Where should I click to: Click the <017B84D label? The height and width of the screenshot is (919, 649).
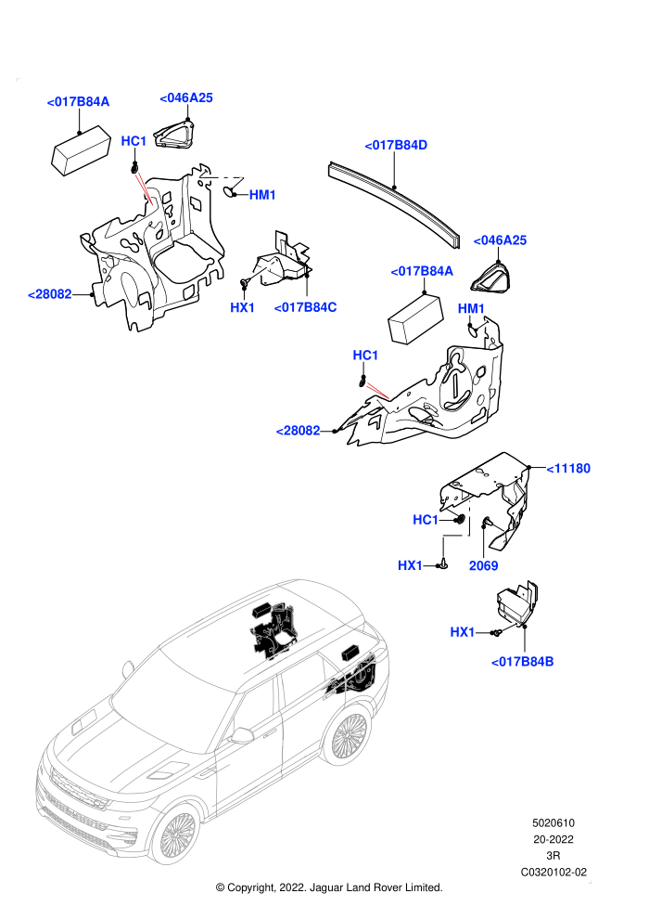(396, 146)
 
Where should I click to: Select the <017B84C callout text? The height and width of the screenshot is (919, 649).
(305, 307)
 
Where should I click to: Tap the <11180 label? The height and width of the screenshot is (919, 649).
(568, 468)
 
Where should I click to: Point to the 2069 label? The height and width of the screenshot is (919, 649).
(483, 565)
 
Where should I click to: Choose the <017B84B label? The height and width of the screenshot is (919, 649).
(522, 662)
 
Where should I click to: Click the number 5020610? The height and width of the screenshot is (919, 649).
(553, 822)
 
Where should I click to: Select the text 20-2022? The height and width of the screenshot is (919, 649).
(553, 839)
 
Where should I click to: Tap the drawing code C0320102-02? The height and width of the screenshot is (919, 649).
(554, 872)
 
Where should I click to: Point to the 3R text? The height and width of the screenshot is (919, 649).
(553, 856)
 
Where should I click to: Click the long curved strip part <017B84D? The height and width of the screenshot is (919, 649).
(394, 201)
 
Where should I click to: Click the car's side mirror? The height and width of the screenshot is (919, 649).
(241, 735)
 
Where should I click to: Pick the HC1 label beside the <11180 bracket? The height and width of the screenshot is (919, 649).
(426, 520)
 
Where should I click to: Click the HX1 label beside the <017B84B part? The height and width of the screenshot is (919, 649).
(463, 632)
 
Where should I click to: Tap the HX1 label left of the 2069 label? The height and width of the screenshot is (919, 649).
(410, 565)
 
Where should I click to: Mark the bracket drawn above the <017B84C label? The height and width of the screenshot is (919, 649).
(284, 261)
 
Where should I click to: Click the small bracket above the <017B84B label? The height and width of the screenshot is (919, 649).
(515, 603)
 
